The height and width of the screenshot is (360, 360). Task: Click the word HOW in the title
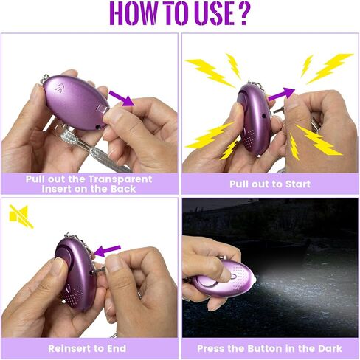coord(133,13)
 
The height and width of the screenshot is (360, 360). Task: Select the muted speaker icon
coord(21,216)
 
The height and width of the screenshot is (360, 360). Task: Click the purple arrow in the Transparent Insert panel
coord(122,98)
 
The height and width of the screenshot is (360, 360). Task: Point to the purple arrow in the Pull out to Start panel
coord(282,94)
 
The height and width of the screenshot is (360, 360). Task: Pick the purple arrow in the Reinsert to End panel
coord(107,251)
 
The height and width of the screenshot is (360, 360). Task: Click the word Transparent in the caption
coord(120,179)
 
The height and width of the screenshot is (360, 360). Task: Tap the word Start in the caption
coord(298,184)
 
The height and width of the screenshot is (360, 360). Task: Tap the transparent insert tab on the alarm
coord(103,108)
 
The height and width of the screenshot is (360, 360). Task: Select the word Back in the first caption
coord(123,189)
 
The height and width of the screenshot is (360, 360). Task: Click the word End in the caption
coord(117,348)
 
